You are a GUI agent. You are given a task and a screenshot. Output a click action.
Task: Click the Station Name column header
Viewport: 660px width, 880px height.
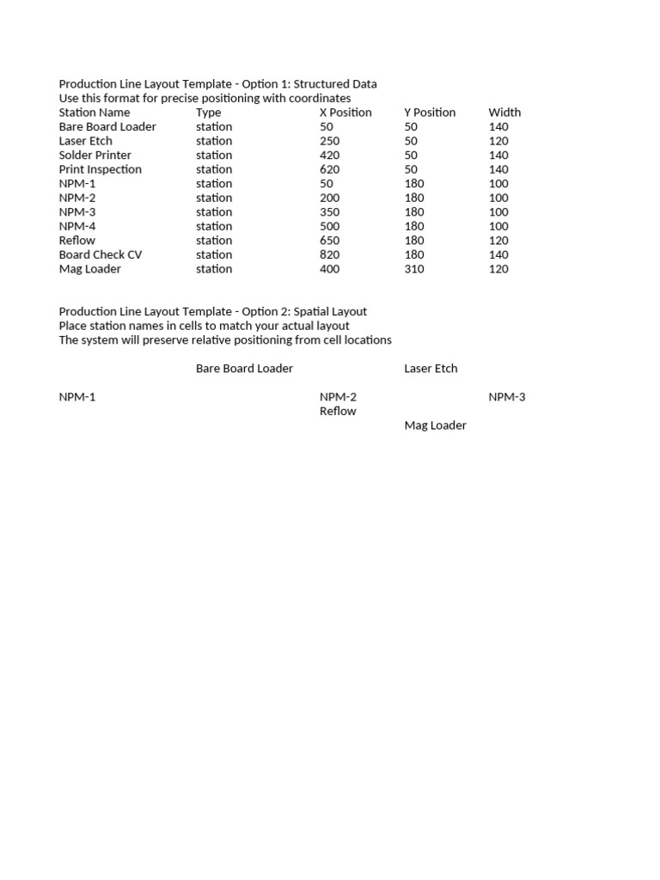pos(95,113)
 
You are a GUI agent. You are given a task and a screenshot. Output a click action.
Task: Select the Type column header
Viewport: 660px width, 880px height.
pos(208,113)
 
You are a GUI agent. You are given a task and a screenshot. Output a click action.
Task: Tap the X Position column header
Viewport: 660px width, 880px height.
pos(345,113)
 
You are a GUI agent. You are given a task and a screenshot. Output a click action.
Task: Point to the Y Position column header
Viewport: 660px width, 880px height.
pos(430,113)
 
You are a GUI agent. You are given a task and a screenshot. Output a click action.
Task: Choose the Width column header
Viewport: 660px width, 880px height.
pos(504,113)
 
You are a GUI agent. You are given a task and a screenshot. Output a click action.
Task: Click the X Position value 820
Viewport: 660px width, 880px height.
pos(329,255)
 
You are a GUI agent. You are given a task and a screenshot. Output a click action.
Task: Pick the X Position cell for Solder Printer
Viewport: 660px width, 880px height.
pos(329,156)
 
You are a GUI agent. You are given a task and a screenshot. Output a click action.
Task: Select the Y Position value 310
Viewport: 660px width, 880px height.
pos(414,269)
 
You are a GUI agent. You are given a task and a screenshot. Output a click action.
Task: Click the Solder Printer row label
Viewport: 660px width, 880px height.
pos(95,156)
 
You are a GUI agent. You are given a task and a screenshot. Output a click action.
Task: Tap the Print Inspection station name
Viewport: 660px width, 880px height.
pos(100,169)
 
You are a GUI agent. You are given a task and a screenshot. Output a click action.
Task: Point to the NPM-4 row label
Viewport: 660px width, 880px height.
pos(77,227)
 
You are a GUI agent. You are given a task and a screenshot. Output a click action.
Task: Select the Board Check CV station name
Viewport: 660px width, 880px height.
pos(100,255)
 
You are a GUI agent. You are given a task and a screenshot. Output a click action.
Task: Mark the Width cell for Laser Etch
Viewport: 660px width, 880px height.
pos(498,141)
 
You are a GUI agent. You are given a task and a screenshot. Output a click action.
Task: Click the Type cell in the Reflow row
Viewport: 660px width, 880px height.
pos(214,241)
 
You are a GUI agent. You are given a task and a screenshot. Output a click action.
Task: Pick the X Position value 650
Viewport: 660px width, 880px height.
pos(329,241)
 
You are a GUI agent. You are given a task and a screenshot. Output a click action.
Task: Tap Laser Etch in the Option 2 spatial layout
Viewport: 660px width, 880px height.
pos(431,369)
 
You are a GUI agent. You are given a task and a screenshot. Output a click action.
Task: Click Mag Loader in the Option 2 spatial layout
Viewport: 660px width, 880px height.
pos(435,425)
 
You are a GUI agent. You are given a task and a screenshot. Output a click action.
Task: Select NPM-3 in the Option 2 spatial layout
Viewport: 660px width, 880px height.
pos(507,397)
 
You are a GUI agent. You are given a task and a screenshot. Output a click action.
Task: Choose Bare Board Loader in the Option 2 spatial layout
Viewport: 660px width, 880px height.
pos(244,369)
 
